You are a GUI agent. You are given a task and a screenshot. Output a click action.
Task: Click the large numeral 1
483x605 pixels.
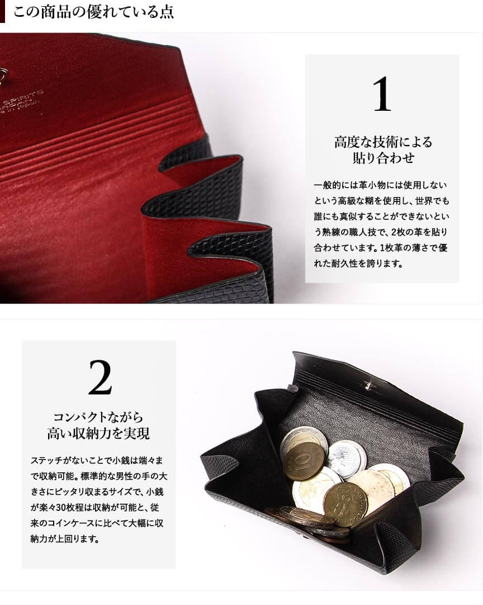point(382,94)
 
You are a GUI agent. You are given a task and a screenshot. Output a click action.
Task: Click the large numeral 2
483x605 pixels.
point(100,377)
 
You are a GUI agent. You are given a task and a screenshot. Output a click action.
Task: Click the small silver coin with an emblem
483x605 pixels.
point(347,459)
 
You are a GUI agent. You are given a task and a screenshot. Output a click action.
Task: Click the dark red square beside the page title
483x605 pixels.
point(2,11)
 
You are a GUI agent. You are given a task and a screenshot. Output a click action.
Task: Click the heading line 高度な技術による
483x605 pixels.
point(383,142)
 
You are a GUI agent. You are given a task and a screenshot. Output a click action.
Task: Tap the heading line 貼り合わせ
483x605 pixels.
point(383,158)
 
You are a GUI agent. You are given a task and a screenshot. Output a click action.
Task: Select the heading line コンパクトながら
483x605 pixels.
point(98,417)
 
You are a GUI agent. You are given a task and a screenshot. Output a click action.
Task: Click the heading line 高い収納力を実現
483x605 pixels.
point(98,433)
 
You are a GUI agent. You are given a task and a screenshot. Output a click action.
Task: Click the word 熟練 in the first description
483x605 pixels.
point(331,232)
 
